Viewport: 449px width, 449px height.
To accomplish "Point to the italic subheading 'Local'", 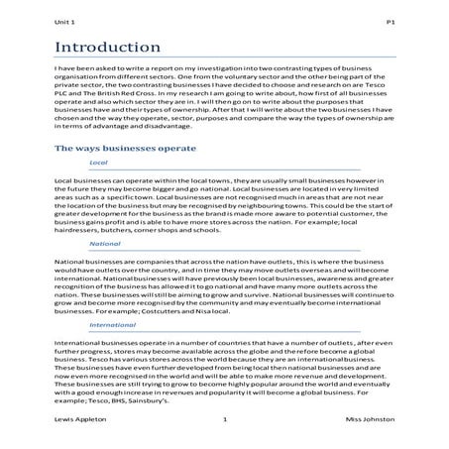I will pyautogui.click(x=98, y=162).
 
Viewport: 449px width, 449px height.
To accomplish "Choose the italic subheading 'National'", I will pyautogui.click(x=104, y=242).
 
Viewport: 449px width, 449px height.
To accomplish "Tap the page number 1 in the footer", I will pyautogui.click(x=225, y=420).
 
